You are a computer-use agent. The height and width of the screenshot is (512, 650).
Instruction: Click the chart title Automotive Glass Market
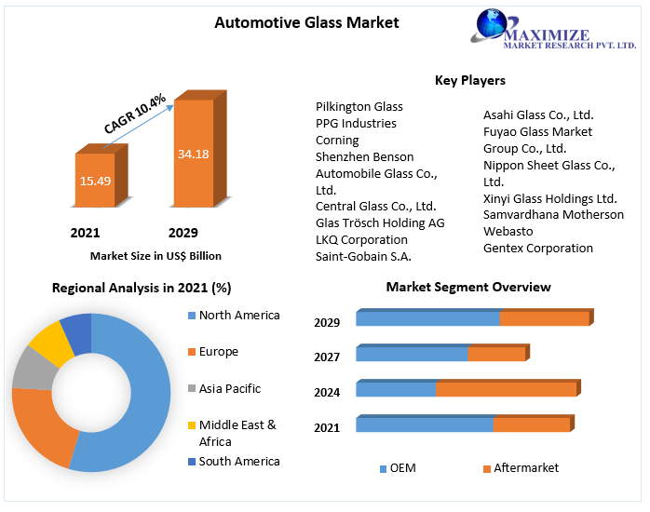[x=306, y=22]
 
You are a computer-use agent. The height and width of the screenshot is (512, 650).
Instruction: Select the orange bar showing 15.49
[x=95, y=180]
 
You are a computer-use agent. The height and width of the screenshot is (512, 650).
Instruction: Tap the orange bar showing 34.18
[x=193, y=153]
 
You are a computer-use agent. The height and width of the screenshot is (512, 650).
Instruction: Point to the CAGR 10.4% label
[x=135, y=114]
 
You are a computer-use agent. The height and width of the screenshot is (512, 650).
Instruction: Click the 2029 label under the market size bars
[x=183, y=233]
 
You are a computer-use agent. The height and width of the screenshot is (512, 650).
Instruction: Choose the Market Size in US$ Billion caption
[x=156, y=255]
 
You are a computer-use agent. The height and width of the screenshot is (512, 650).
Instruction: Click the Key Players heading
[x=469, y=81]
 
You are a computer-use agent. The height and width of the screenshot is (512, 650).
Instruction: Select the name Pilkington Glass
[x=359, y=107]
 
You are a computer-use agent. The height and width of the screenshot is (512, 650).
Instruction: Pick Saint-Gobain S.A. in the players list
[x=363, y=256]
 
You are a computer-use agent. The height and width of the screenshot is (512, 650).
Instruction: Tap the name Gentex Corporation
[x=537, y=248]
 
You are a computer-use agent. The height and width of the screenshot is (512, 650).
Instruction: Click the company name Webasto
[x=508, y=231]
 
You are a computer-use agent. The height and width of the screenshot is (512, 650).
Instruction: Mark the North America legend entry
[x=238, y=316]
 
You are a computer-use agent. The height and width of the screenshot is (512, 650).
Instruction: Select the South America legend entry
[x=238, y=461]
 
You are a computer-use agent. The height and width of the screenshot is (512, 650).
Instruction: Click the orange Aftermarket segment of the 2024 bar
[x=506, y=389]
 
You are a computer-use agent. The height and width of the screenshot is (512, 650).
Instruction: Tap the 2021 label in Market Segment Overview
[x=326, y=427]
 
